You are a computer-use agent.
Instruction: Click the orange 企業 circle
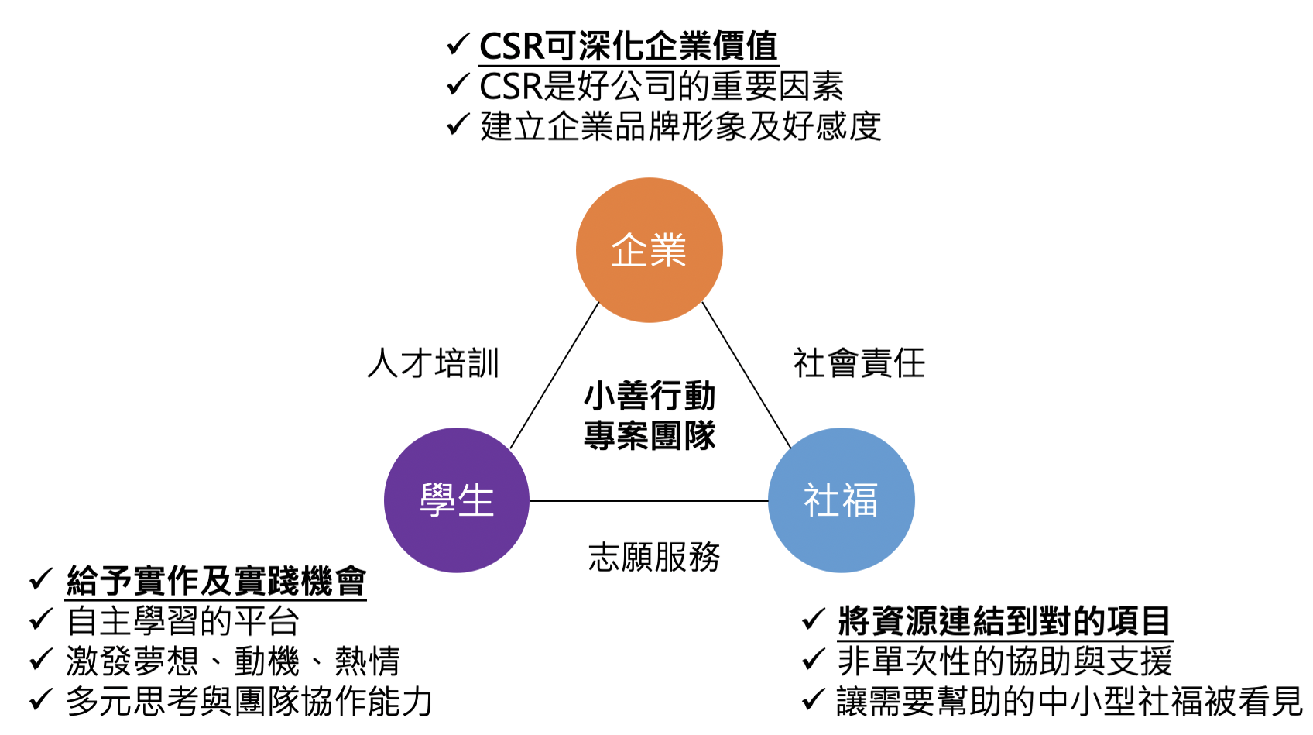tap(649, 250)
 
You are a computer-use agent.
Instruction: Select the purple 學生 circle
tap(457, 500)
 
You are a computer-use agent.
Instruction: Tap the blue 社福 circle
tap(841, 500)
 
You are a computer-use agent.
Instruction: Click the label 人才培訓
tap(434, 363)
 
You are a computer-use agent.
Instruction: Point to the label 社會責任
tap(859, 363)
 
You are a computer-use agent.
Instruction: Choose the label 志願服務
tap(654, 557)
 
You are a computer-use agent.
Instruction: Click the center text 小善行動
tap(650, 396)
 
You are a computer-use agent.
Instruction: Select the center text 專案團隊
tap(650, 435)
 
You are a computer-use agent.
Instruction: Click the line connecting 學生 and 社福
tap(649, 501)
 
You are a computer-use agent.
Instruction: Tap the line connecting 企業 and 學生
tap(554, 376)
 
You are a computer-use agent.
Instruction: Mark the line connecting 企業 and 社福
tap(747, 376)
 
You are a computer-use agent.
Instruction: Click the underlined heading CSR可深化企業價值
tap(629, 46)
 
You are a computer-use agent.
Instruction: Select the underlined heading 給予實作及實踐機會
tap(216, 582)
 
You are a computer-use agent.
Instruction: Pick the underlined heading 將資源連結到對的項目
tap(1005, 621)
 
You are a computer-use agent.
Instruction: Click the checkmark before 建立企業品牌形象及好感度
tap(458, 125)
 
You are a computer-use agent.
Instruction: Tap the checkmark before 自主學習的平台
tap(41, 620)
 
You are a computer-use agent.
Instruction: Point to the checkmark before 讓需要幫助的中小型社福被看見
tap(814, 699)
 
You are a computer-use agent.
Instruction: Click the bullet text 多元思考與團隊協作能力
tap(249, 701)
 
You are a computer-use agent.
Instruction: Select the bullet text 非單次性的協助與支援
tap(1005, 661)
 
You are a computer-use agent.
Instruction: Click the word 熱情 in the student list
tap(367, 661)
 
